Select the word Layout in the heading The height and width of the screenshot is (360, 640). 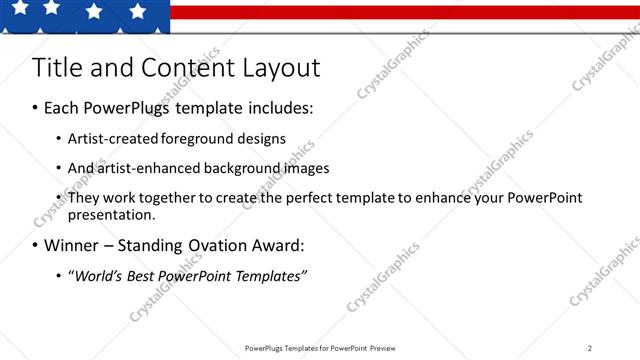(281, 68)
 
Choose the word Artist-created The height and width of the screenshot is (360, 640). (110, 138)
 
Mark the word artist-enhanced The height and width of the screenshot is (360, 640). (140, 168)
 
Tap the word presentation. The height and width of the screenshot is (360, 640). (112, 214)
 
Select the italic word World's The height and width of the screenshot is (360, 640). (94, 275)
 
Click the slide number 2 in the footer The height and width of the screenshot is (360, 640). (590, 348)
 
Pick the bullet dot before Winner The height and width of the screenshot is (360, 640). (35, 245)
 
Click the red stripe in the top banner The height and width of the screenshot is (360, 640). (400, 12)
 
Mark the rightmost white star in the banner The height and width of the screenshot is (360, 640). (138, 11)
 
